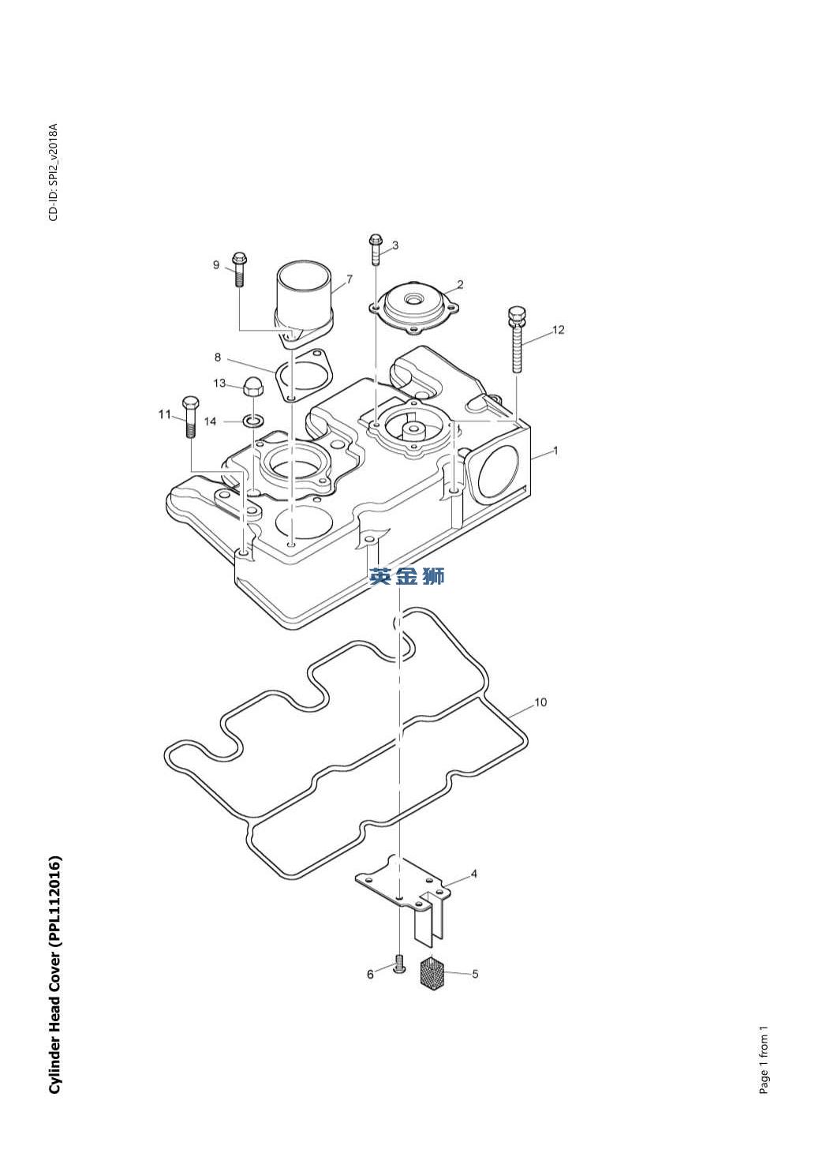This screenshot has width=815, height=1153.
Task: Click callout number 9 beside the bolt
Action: (216, 265)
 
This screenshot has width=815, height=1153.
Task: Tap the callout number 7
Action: (349, 279)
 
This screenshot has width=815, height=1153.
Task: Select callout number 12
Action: (559, 330)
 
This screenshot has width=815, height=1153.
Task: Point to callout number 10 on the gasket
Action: (540, 702)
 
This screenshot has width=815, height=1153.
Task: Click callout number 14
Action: (211, 422)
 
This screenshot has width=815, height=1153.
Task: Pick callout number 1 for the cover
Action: (555, 451)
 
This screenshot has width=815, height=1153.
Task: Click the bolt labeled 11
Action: (190, 417)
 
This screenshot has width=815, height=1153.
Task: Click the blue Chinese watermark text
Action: (407, 577)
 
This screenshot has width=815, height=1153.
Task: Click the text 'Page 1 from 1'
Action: (763, 1061)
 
